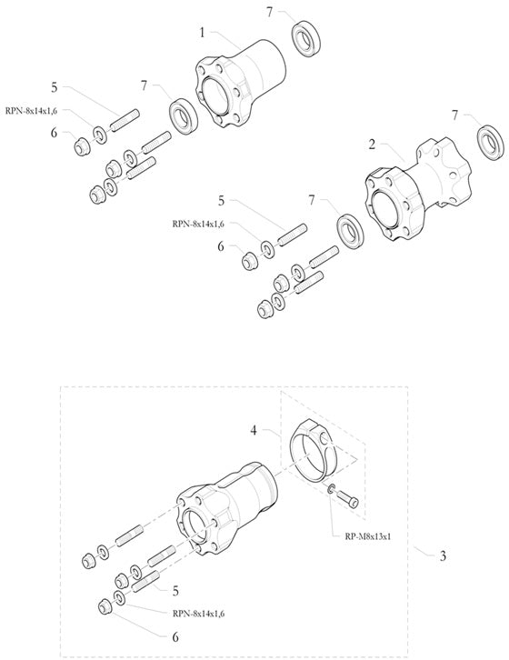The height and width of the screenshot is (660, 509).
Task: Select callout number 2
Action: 372,145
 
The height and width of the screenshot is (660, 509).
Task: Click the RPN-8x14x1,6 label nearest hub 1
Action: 33,110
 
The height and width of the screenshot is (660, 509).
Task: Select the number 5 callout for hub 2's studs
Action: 221,199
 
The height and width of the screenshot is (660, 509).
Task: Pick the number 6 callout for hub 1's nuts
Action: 55,132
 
